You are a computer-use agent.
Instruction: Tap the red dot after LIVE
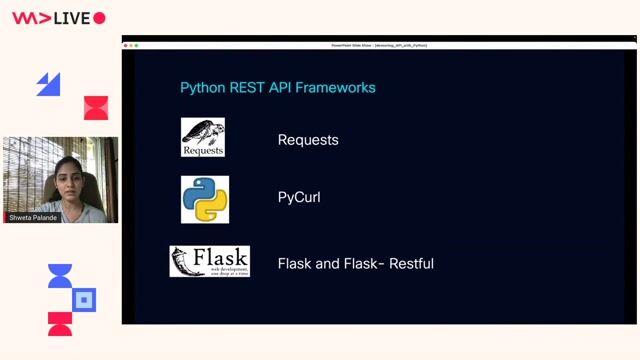(x=99, y=18)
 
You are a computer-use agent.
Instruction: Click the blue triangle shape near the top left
(x=48, y=85)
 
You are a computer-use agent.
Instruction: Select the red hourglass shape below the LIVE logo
(x=96, y=108)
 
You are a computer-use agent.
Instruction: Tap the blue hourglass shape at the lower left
(x=60, y=277)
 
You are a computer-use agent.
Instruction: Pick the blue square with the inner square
(x=85, y=299)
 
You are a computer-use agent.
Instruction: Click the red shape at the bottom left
(x=60, y=323)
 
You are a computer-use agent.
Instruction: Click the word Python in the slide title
(x=202, y=88)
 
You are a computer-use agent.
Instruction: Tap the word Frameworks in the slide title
(x=335, y=88)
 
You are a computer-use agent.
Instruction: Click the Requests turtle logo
(x=202, y=138)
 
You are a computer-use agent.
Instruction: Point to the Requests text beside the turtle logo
(x=308, y=140)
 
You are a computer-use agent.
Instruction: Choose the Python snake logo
(x=205, y=199)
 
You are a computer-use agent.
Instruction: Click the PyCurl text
(x=299, y=198)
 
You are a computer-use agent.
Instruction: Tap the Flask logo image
(x=209, y=262)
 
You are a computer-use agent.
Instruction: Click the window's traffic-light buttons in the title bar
(x=131, y=45)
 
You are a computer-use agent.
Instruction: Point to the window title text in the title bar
(x=379, y=45)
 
